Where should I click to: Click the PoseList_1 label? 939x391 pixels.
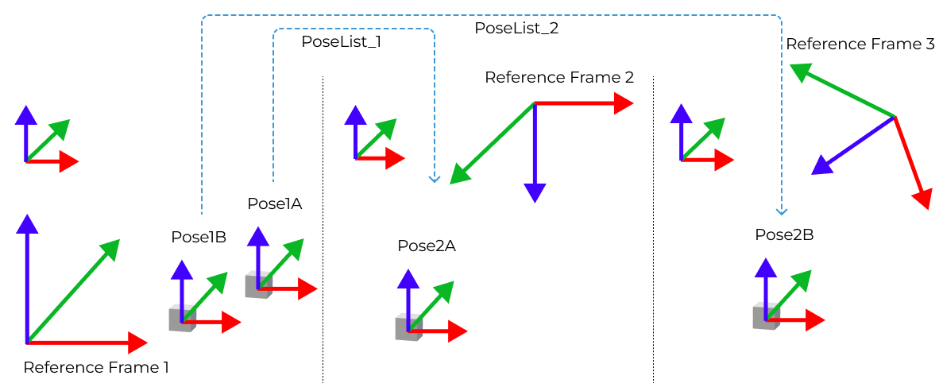tap(341, 42)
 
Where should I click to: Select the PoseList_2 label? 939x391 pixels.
tap(516, 28)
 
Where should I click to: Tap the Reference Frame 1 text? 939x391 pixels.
tap(96, 367)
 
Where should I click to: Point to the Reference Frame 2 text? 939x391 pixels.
tap(559, 77)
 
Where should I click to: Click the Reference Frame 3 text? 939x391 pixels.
tap(860, 45)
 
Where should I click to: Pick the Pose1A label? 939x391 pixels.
tap(275, 203)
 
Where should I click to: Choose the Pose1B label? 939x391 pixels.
tap(199, 237)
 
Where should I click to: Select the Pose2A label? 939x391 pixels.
tap(427, 246)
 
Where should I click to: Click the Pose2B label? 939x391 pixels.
tap(784, 235)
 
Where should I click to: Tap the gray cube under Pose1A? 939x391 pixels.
tap(257, 285)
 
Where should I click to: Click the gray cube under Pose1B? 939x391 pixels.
tap(180, 319)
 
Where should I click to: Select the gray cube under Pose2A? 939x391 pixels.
tap(407, 328)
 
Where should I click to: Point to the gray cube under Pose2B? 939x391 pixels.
tap(764, 317)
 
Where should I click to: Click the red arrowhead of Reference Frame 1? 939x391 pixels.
tap(137, 343)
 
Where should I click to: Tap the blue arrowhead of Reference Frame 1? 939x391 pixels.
tap(28, 224)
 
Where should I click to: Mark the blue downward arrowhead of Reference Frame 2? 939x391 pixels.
tap(535, 192)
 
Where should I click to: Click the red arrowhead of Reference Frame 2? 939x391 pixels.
tap(624, 103)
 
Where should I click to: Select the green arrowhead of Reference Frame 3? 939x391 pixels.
tap(799, 73)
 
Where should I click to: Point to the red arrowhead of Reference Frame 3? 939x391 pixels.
tap(922, 198)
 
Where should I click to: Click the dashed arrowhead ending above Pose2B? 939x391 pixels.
tap(781, 211)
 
